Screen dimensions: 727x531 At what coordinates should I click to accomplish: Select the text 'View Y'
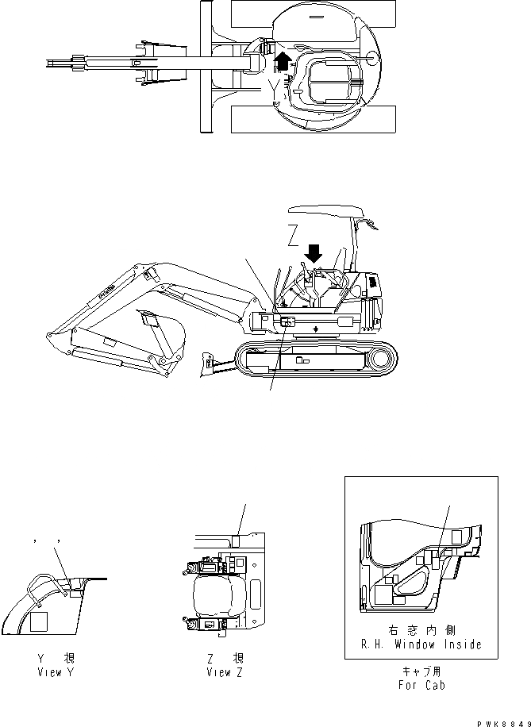point(60,672)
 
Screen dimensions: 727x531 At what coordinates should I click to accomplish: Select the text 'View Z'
point(224,672)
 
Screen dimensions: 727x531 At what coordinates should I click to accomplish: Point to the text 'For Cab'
point(421,684)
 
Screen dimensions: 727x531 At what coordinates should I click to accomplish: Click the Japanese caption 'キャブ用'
point(421,671)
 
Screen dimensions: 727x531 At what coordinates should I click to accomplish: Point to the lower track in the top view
point(312,120)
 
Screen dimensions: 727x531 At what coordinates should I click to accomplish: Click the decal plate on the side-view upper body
point(287,321)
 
